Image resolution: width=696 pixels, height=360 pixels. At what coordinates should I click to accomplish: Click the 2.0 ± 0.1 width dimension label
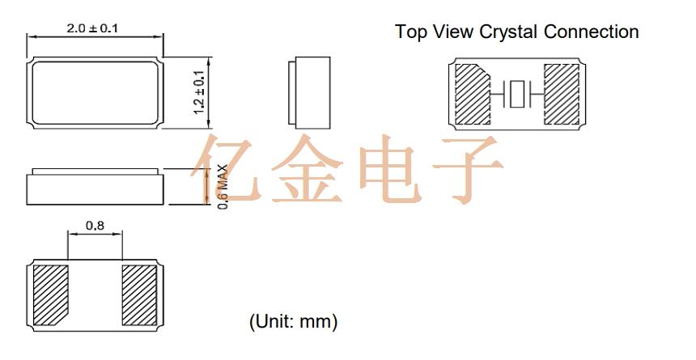[92, 28]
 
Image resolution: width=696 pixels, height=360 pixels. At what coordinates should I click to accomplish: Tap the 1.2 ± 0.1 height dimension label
[199, 92]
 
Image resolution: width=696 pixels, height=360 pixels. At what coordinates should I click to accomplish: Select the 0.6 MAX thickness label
[223, 187]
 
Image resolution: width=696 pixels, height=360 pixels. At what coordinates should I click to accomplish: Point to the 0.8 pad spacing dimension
[95, 226]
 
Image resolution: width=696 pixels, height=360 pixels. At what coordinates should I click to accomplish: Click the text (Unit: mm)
[294, 321]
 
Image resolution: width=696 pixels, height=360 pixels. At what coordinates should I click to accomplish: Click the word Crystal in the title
[509, 32]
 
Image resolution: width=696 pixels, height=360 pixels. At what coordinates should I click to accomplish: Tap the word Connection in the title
[592, 32]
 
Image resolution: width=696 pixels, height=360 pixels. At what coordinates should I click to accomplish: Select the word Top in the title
[411, 32]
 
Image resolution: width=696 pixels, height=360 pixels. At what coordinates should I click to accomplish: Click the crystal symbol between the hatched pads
[517, 94]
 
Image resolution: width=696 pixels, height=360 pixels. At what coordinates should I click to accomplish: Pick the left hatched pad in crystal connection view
[472, 94]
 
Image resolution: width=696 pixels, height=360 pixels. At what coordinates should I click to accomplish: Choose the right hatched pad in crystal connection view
[562, 94]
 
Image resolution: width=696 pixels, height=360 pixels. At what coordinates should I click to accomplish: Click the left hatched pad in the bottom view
[50, 294]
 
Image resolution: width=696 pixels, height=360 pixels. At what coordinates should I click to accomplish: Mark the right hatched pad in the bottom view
[139, 295]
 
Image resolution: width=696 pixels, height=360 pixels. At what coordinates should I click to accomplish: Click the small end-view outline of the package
[309, 93]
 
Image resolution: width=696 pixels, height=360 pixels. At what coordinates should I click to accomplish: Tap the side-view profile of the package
[95, 186]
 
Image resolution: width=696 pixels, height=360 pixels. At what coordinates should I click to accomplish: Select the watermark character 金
[306, 169]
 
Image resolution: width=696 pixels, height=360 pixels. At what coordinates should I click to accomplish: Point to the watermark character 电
[391, 169]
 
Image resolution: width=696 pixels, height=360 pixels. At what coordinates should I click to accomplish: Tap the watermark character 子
[469, 169]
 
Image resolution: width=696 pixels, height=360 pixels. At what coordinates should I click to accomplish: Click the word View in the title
[452, 32]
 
